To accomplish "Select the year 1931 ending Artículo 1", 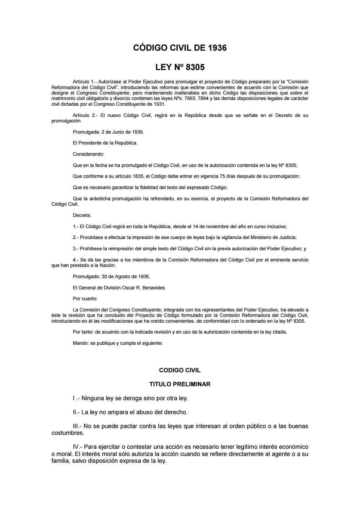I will click(x=159, y=104).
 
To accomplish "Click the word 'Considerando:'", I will click(x=85, y=154).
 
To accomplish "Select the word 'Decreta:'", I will click(x=82, y=215).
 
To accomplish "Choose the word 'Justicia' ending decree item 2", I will click(x=293, y=237).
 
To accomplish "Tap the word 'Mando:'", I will click(x=81, y=343).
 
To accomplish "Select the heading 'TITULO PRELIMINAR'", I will click(x=180, y=384).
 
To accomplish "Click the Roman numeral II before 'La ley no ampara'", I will click(x=75, y=412).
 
